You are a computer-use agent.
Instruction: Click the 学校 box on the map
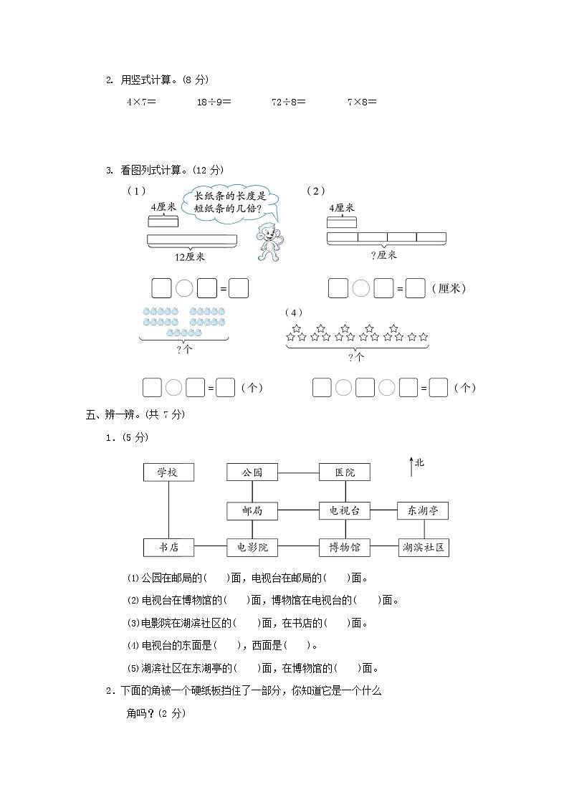(x=168, y=472)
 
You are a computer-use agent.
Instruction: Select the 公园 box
(x=252, y=472)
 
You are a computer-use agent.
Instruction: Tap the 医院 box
(x=345, y=472)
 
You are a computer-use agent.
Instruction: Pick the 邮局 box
(x=252, y=510)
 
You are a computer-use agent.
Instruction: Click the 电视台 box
(x=345, y=510)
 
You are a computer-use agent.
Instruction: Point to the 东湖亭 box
(x=423, y=510)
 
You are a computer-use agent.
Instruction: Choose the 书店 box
(x=168, y=548)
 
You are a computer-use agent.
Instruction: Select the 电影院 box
(x=252, y=548)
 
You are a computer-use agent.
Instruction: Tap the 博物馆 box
(x=345, y=548)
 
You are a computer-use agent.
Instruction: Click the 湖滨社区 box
(x=424, y=548)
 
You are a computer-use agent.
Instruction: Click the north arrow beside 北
(x=411, y=466)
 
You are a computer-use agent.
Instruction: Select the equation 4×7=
(x=141, y=102)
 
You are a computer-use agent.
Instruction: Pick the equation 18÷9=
(x=214, y=102)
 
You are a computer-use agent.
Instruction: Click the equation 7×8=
(x=362, y=102)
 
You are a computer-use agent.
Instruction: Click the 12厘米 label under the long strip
(x=190, y=256)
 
